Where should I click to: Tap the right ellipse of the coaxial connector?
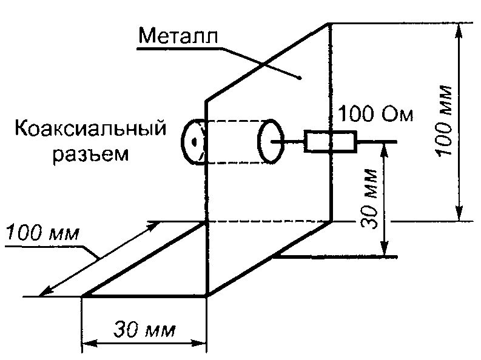pos(271,141)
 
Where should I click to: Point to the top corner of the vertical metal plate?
pos(330,24)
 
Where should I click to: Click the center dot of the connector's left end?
pos(193,142)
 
